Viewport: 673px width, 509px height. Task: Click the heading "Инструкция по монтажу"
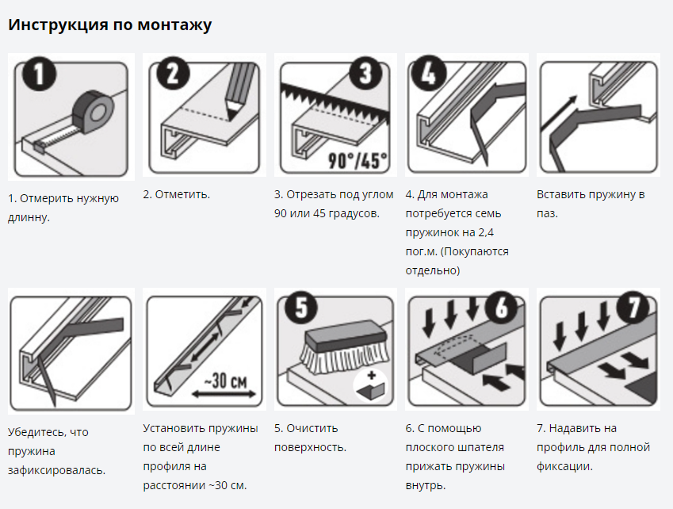pos(110,25)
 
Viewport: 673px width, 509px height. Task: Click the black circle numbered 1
pos(40,74)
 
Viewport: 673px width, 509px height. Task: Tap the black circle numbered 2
pos(173,72)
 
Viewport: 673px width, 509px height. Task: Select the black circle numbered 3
pos(365,72)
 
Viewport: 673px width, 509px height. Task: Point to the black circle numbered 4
pos(429,73)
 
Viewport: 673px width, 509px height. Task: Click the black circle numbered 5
pos(302,308)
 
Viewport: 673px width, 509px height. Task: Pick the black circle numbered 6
pos(502,308)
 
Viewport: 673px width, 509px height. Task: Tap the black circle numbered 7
pos(633,308)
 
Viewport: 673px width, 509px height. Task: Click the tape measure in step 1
pos(92,111)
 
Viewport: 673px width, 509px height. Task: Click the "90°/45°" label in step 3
pos(358,161)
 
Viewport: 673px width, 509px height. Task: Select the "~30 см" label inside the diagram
pos(224,380)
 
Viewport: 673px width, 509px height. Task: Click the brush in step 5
pos(346,346)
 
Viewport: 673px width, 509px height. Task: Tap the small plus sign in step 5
pos(371,376)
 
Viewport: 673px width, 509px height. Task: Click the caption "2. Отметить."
pos(177,194)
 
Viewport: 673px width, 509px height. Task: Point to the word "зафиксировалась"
pos(56,470)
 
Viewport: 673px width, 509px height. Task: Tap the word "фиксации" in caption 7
pos(564,466)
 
